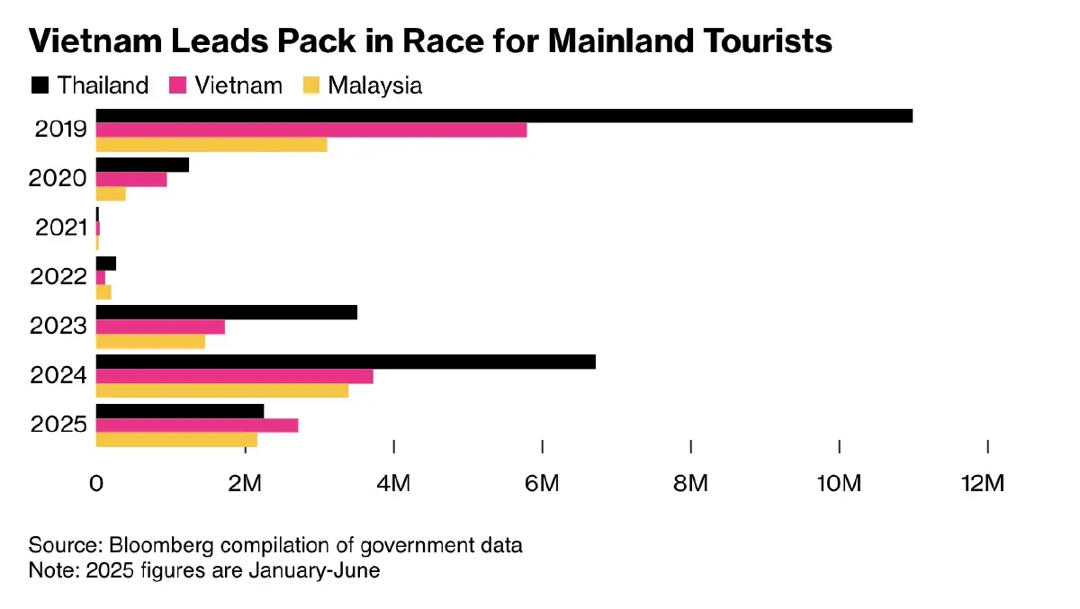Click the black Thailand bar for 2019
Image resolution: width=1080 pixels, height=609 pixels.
click(x=504, y=115)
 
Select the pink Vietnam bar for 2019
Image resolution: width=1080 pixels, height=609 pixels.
click(x=311, y=130)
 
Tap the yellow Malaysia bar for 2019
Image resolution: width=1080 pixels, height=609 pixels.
click(x=211, y=144)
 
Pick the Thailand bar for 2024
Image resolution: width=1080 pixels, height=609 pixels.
click(x=346, y=362)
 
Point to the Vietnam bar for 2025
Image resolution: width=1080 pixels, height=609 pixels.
click(x=197, y=425)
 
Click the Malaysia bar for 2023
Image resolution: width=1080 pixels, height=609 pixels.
click(x=150, y=342)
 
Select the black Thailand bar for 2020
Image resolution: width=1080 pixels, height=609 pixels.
click(x=142, y=165)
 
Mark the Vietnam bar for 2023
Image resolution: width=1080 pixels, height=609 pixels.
click(x=160, y=327)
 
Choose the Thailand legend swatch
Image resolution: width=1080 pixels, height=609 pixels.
click(x=40, y=85)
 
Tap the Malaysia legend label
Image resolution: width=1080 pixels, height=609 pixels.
click(x=374, y=85)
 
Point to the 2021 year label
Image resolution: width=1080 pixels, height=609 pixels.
click(x=60, y=228)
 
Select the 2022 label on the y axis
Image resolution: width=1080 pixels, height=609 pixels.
click(x=60, y=277)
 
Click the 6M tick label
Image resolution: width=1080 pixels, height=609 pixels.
click(x=542, y=484)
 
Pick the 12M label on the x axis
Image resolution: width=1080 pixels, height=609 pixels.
click(x=982, y=484)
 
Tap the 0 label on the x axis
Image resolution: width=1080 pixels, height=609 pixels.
click(x=96, y=484)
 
